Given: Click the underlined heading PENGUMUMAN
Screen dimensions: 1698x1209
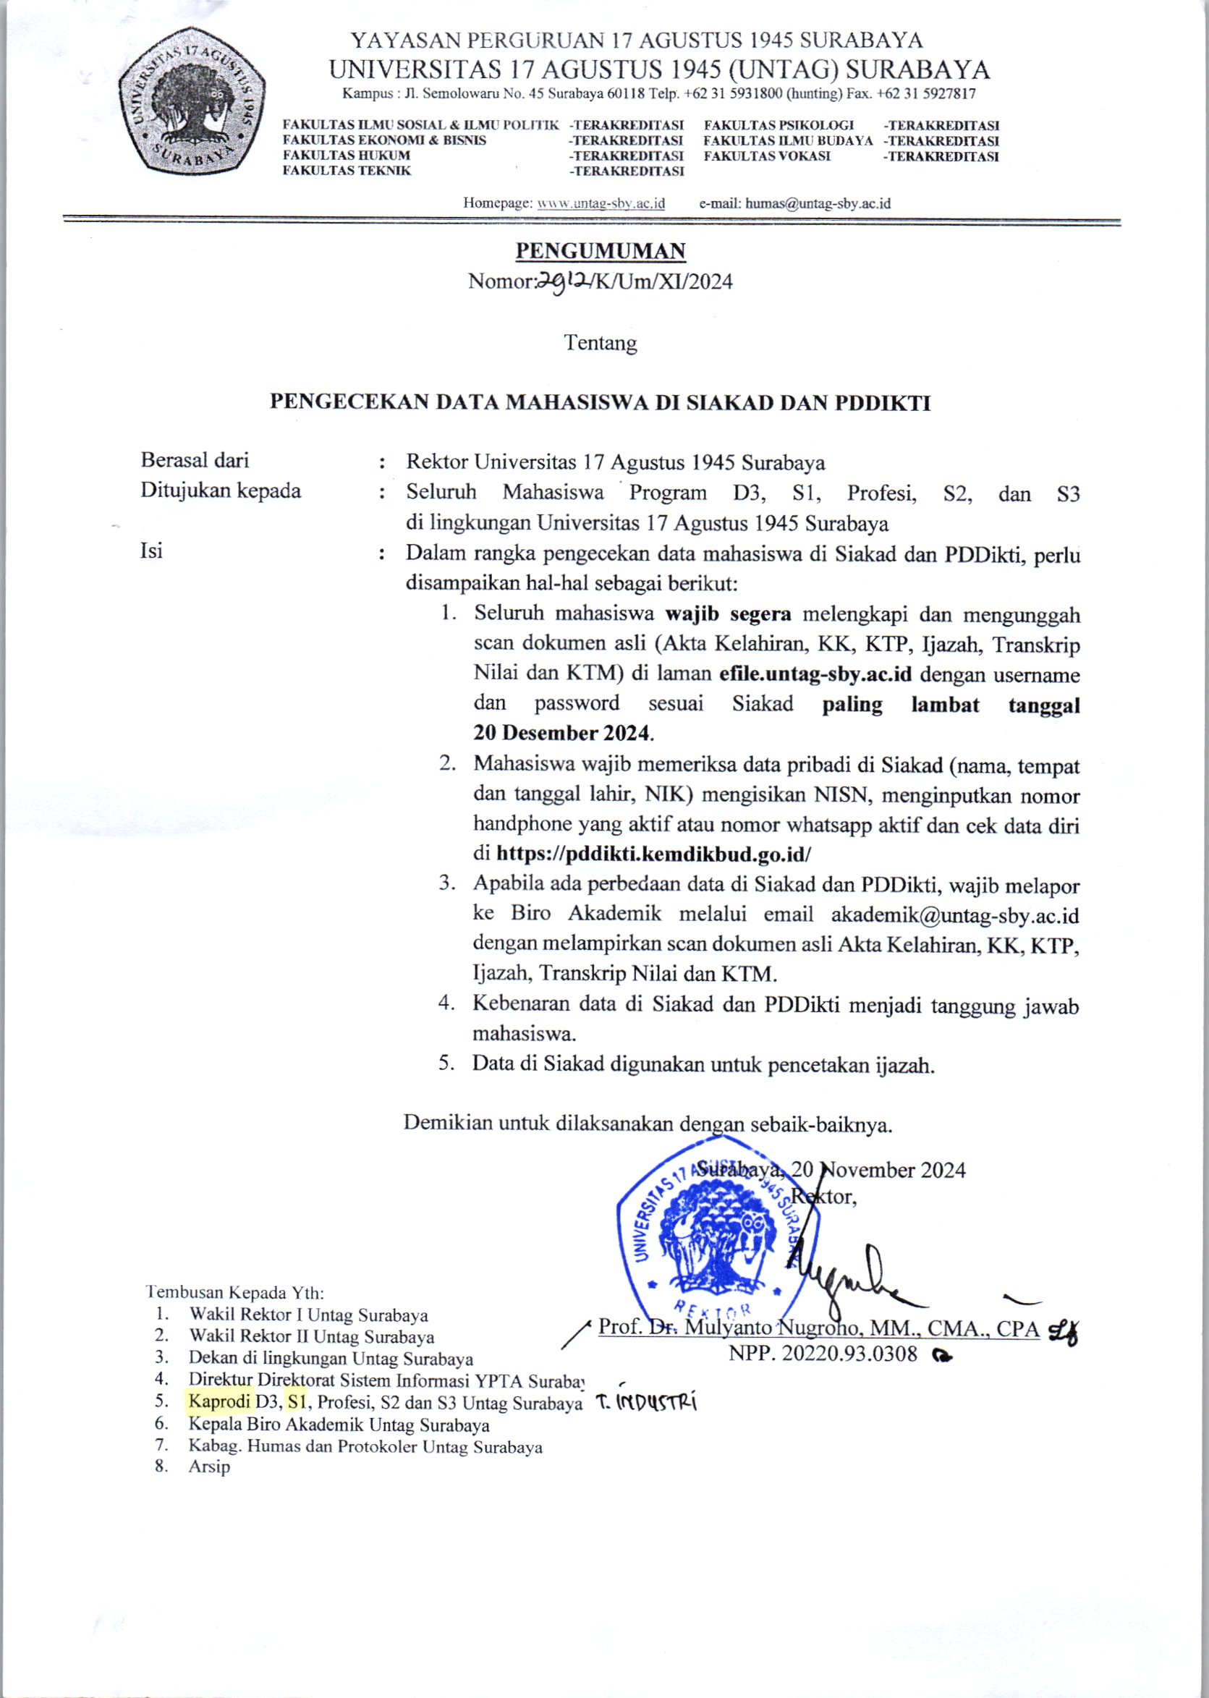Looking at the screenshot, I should pyautogui.click(x=600, y=251).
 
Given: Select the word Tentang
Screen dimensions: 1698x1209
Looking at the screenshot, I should pyautogui.click(x=600, y=343).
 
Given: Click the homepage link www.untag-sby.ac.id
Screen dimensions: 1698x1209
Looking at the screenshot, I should pyautogui.click(x=601, y=203).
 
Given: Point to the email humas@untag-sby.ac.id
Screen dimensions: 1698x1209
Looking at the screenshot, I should pyautogui.click(x=818, y=203).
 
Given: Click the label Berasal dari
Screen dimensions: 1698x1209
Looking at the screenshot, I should pyautogui.click(x=195, y=460).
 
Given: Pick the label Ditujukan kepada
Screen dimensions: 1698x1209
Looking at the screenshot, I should pyautogui.click(x=221, y=491).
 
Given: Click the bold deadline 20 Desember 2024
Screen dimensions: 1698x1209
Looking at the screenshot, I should pyautogui.click(x=563, y=734).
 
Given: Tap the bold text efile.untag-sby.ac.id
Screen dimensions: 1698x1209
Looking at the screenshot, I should pyautogui.click(x=815, y=674).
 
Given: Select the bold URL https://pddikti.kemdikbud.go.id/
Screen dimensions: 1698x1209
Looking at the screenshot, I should pyautogui.click(x=653, y=853).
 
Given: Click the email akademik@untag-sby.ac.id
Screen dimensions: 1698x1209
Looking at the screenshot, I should pyautogui.click(x=955, y=914).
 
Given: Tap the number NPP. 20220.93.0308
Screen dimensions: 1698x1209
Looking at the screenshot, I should pyautogui.click(x=823, y=1354).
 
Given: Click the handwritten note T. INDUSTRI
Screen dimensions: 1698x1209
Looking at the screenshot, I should pyautogui.click(x=646, y=1404).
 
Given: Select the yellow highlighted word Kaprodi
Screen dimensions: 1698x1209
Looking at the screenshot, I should pyautogui.click(x=221, y=1403).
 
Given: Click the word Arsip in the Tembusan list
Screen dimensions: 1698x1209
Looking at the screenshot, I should pyautogui.click(x=209, y=1466).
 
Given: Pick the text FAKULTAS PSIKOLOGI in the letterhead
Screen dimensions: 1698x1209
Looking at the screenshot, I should pyautogui.click(x=779, y=125).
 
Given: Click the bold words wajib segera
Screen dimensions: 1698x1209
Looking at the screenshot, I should pyautogui.click(x=727, y=614).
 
